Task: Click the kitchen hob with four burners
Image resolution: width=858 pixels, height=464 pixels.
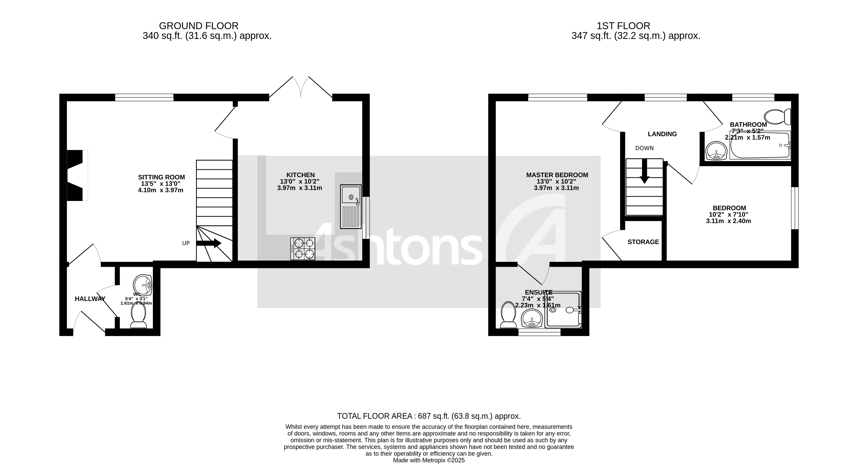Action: point(302,248)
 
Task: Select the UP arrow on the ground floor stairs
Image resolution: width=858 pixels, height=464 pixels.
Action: point(209,243)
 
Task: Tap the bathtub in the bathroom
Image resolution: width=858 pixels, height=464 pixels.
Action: point(759,146)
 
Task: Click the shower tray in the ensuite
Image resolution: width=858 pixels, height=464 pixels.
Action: point(563,309)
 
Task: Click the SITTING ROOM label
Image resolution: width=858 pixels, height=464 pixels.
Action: point(161,177)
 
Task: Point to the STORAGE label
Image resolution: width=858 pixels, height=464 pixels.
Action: point(643,242)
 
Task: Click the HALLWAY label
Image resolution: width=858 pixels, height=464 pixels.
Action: point(90,299)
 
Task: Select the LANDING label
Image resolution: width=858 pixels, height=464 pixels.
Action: point(662,134)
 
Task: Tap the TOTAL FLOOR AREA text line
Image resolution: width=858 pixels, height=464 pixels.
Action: point(429,416)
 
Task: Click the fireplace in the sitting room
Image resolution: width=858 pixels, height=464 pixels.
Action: point(77,175)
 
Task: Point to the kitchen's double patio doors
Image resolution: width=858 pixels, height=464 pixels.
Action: point(301,87)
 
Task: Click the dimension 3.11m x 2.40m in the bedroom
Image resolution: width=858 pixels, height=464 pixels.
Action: point(728,221)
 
